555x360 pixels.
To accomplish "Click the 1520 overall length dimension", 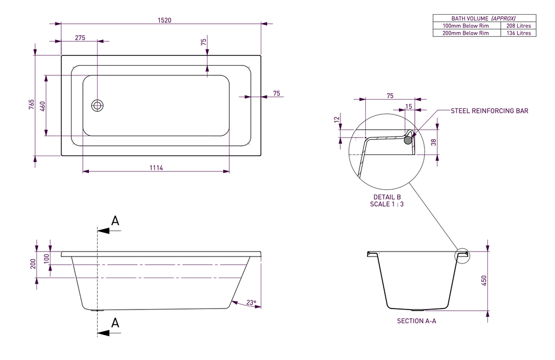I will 164,20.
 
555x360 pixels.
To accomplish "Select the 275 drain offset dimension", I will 80,37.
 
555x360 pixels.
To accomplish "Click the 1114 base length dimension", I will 156,168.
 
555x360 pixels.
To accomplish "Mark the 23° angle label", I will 250,303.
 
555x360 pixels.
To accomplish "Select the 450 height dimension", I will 484,280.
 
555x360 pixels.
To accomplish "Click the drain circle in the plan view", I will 98,105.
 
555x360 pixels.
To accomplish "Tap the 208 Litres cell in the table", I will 518,25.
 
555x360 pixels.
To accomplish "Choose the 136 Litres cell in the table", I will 518,33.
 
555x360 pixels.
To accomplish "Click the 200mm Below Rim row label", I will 466,33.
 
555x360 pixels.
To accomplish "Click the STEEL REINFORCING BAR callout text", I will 489,111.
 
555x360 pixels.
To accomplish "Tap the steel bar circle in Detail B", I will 408,139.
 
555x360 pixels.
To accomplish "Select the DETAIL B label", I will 386,197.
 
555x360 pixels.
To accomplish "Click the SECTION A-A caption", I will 416,321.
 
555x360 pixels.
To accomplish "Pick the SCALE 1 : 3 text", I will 386,204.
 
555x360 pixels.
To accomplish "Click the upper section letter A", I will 115,221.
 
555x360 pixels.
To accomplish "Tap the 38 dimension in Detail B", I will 432,142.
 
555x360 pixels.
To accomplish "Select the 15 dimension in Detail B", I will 408,107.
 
